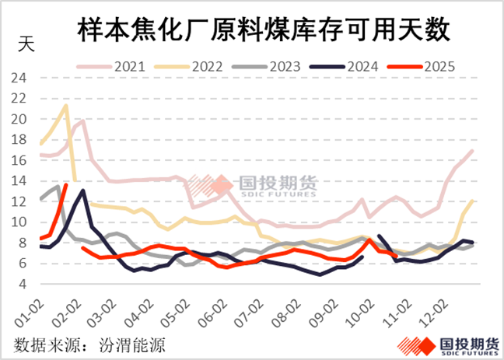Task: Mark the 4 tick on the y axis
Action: pos(23,284)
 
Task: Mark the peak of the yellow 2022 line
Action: pos(67,106)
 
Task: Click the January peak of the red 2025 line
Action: pos(66,185)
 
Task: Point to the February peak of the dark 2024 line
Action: pos(82,190)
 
